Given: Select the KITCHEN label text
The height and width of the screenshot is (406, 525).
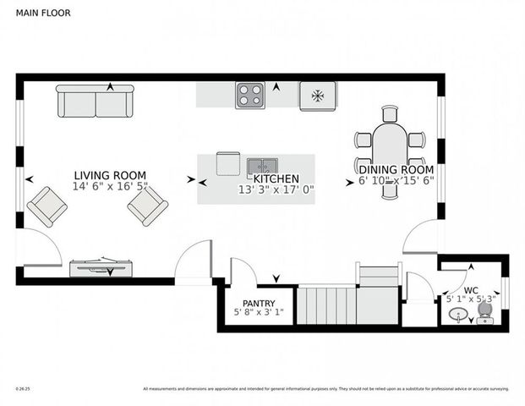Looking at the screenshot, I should coord(276,178).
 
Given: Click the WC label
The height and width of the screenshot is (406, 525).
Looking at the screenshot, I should coord(471,288).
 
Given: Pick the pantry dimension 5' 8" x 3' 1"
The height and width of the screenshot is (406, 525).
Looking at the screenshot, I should coord(259,314).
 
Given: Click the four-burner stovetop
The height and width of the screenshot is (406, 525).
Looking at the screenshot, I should coord(249,95).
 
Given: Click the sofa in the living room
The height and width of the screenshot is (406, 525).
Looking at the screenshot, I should coord(95,101).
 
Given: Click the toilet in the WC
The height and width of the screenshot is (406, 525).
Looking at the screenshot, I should coord(485,312).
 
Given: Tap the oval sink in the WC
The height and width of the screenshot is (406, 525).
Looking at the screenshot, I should coord(457,315).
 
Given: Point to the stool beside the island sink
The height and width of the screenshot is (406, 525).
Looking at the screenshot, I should coord(228,163).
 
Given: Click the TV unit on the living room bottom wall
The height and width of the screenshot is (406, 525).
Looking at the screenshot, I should coord(101,267).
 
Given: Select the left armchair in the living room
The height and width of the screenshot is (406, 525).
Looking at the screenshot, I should coord(46,206).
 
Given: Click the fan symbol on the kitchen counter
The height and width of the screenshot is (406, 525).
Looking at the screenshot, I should coord(318,96).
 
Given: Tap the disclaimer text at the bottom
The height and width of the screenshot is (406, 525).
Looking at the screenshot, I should coord(325,389).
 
